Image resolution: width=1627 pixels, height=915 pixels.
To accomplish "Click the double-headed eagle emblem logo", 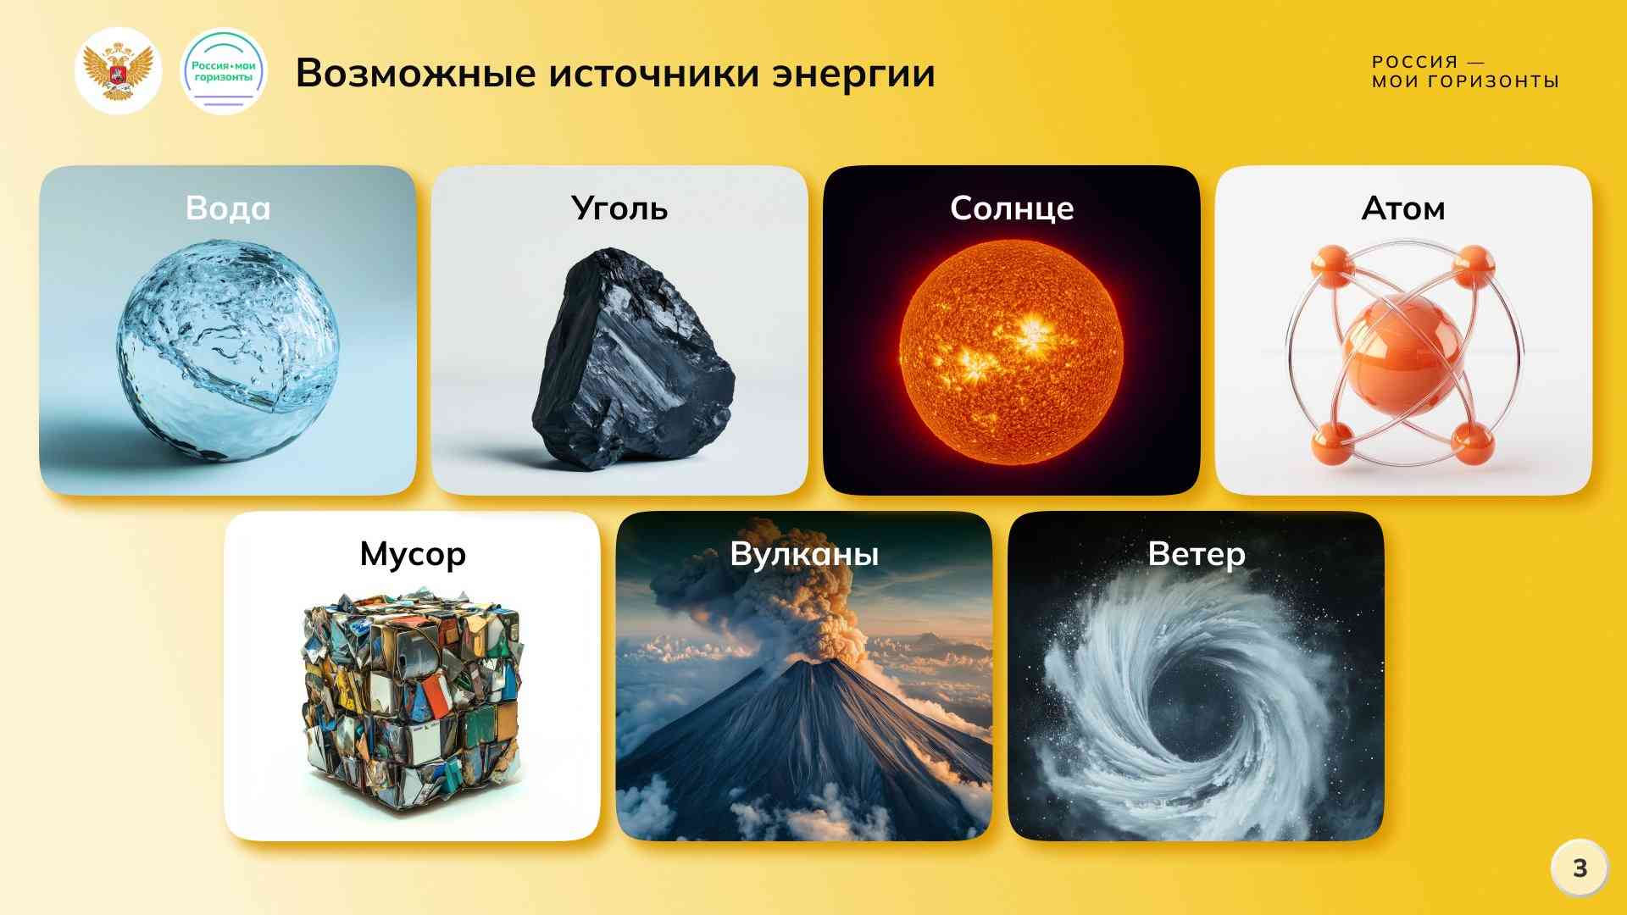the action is (118, 71).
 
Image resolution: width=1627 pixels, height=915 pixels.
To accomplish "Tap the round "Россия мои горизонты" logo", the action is (224, 71).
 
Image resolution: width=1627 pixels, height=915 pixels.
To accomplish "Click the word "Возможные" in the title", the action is (415, 74).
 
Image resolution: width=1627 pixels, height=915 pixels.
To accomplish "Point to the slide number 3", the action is (1580, 868).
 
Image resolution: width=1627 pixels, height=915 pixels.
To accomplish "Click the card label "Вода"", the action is (228, 208).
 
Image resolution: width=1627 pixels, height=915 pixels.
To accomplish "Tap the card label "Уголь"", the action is (619, 208).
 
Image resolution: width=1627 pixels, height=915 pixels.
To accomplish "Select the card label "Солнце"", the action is (1012, 208).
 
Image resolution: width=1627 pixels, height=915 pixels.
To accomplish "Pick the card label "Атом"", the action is (1403, 208).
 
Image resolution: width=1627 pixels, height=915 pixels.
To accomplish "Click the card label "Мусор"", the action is (413, 555).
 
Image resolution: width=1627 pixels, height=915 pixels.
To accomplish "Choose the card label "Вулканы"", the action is (804, 554).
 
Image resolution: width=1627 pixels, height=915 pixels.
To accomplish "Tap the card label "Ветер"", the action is (1197, 555).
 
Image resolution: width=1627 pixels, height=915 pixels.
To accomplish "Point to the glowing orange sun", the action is (1012, 352).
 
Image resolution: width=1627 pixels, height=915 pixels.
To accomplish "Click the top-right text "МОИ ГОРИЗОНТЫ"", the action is (1466, 82).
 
